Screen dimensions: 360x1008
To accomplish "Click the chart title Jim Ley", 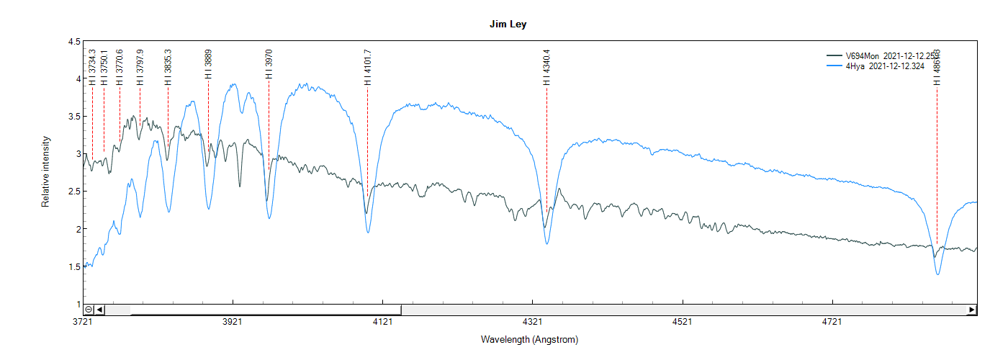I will coord(508,24).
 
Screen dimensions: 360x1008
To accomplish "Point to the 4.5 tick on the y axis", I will coord(74,42).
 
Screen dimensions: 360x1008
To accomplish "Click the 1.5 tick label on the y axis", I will coord(74,266).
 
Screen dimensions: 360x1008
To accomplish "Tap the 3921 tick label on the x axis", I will coord(233,322).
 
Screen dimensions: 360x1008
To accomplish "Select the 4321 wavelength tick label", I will coord(531,322).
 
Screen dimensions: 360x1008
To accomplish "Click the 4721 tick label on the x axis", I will coord(831,322).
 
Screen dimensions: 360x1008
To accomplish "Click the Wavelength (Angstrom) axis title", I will coord(529,339).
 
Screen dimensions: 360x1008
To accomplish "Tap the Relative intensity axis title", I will coord(45,171).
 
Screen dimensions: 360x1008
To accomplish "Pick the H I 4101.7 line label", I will coord(367,67).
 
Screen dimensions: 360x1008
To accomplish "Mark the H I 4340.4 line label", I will coord(546,67).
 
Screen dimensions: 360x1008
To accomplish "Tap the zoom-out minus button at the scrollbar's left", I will coord(89,310).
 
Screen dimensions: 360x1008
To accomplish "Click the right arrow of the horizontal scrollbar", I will coord(972,310).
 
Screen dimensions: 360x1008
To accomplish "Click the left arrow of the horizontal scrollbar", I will coord(100,310).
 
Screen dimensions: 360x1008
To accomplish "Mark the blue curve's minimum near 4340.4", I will coord(547,244).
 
